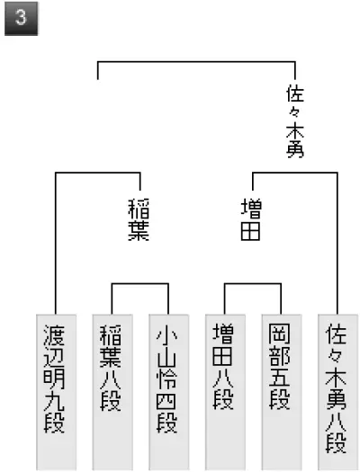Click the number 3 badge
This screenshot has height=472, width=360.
(x=21, y=19)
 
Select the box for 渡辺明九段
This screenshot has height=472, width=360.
(x=56, y=393)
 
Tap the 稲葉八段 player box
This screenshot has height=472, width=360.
(x=112, y=393)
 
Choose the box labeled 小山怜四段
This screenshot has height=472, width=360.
(x=168, y=393)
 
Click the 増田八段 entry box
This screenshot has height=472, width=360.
(x=225, y=393)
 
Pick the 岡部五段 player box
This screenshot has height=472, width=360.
(x=282, y=393)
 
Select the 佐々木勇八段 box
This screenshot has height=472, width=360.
(x=337, y=393)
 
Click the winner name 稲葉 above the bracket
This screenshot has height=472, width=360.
(x=139, y=219)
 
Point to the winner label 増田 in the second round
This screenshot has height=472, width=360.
(x=251, y=219)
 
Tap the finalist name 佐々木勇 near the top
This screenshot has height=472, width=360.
(x=295, y=121)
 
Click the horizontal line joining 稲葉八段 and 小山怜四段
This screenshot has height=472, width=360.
(x=140, y=283)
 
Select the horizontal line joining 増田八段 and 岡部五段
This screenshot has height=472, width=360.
(x=253, y=283)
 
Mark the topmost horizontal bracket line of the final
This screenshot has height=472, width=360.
(x=196, y=62)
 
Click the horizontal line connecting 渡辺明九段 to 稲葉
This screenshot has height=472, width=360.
(x=98, y=173)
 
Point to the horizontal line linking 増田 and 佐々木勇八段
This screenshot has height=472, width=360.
(x=295, y=173)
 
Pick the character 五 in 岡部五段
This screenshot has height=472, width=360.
(x=279, y=377)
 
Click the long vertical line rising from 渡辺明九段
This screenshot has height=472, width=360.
(x=56, y=244)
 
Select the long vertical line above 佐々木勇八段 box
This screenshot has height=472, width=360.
(x=337, y=244)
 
